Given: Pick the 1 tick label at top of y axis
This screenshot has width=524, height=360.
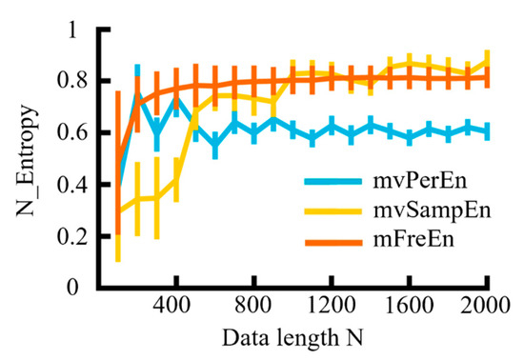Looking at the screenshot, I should coord(76,30).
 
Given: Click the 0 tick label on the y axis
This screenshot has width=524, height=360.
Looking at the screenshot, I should coord(76,287).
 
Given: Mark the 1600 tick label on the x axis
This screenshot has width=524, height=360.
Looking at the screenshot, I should coord(409,309).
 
